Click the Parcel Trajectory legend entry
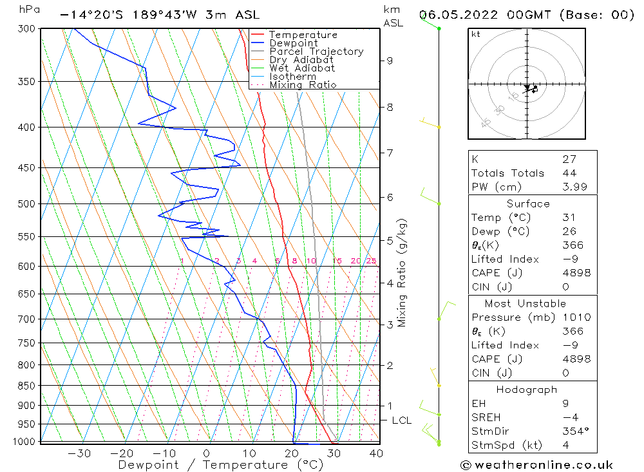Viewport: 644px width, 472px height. pyautogui.click(x=316, y=52)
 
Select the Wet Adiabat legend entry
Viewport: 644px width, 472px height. pyautogui.click(x=302, y=68)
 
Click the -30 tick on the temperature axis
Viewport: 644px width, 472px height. pyautogui.click(x=79, y=453)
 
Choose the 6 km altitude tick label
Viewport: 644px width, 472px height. pyautogui.click(x=390, y=197)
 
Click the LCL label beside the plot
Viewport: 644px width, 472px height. pyautogui.click(x=402, y=420)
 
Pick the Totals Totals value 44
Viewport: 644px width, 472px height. pyautogui.click(x=569, y=173)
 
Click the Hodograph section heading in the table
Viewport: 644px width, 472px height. pyautogui.click(x=527, y=390)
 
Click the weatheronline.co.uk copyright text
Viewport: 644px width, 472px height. pyautogui.click(x=536, y=465)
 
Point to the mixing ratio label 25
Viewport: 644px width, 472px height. pyautogui.click(x=372, y=261)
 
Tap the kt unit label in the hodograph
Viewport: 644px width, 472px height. pyautogui.click(x=475, y=34)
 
